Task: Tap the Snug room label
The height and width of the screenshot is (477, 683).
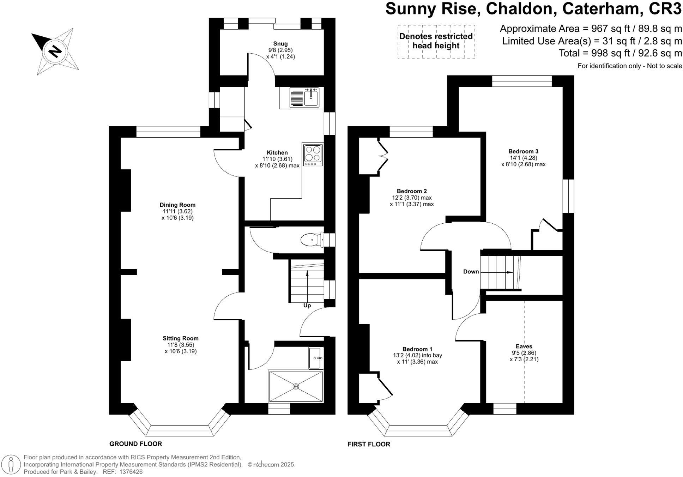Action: (x=280, y=44)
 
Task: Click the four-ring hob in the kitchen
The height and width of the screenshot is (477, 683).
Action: (x=313, y=155)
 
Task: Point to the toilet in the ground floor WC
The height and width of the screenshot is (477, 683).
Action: (x=311, y=240)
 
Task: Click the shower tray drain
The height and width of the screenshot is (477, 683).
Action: (x=296, y=386)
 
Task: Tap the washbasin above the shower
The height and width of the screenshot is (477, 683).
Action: (x=315, y=358)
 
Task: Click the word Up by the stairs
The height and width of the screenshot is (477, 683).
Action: (x=307, y=306)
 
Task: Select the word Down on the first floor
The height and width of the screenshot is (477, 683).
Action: (x=471, y=272)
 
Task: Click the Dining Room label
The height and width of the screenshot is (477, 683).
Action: (x=177, y=205)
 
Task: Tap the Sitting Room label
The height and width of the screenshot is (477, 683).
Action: (x=181, y=338)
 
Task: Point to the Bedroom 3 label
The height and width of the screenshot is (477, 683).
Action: (x=523, y=151)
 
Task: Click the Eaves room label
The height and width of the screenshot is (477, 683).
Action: (x=524, y=346)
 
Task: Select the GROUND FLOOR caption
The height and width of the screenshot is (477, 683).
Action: (x=136, y=444)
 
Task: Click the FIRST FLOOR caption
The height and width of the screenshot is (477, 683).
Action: (x=369, y=445)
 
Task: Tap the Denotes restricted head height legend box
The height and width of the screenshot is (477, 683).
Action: (x=436, y=41)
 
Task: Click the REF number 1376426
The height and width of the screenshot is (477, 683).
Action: (x=131, y=472)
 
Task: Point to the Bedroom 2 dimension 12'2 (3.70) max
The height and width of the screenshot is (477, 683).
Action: (x=412, y=198)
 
